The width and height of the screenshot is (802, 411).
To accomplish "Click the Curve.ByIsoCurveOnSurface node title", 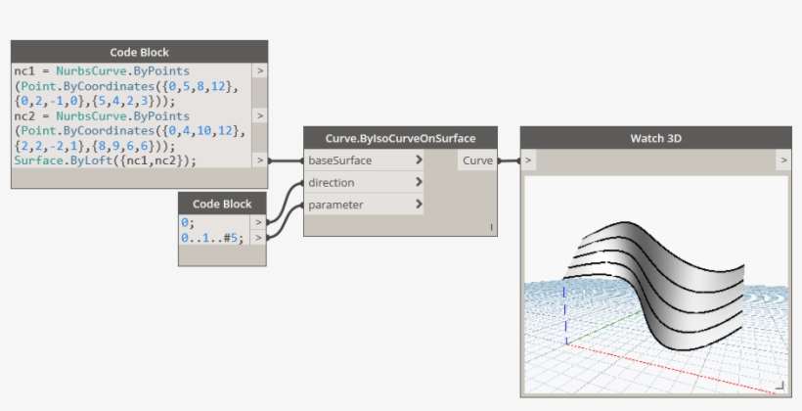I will (400, 138).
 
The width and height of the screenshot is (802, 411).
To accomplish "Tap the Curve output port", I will (478, 160).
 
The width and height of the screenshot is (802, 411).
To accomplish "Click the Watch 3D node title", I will (655, 138).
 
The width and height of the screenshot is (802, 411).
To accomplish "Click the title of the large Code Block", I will (139, 52).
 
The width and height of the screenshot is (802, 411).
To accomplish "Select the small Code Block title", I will (222, 204).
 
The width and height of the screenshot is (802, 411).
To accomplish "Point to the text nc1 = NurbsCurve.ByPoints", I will (102, 71).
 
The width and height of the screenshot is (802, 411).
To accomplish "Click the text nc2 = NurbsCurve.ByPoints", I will (102, 115).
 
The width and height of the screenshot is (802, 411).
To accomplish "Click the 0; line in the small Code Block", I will (188, 223).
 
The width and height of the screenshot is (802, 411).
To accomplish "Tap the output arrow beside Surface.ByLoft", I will (259, 160).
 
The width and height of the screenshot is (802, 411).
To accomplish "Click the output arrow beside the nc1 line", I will (259, 71).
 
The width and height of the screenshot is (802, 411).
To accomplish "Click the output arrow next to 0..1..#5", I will (259, 237).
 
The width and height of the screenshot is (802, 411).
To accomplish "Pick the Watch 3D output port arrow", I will (783, 160).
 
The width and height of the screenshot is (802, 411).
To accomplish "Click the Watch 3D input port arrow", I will (528, 160).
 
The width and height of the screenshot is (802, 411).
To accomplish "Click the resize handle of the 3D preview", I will (780, 386).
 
